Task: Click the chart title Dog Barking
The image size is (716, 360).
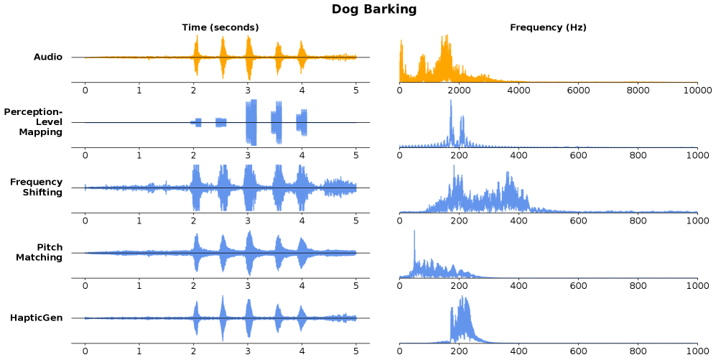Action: click(373, 9)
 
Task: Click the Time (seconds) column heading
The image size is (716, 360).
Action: click(220, 27)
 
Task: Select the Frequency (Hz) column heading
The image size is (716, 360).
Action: click(548, 27)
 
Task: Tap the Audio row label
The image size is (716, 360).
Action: click(48, 57)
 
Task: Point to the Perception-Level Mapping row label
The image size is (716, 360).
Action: click(33, 121)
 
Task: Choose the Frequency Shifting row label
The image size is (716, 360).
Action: click(37, 187)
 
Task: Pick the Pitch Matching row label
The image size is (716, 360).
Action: click(42, 252)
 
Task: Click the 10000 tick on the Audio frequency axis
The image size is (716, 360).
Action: click(697, 91)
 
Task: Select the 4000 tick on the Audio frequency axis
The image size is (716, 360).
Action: click(519, 91)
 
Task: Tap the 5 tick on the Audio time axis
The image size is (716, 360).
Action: click(356, 91)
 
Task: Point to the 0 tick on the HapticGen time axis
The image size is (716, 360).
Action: click(85, 351)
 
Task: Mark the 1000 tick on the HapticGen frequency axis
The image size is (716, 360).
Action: click(697, 351)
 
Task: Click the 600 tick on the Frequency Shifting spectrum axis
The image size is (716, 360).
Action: click(578, 221)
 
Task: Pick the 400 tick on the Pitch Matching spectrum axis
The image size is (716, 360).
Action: click(519, 286)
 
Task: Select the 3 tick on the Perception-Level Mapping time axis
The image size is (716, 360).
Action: click(248, 155)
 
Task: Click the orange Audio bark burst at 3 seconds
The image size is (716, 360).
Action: click(248, 57)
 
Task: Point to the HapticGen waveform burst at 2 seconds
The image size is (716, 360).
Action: click(195, 318)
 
